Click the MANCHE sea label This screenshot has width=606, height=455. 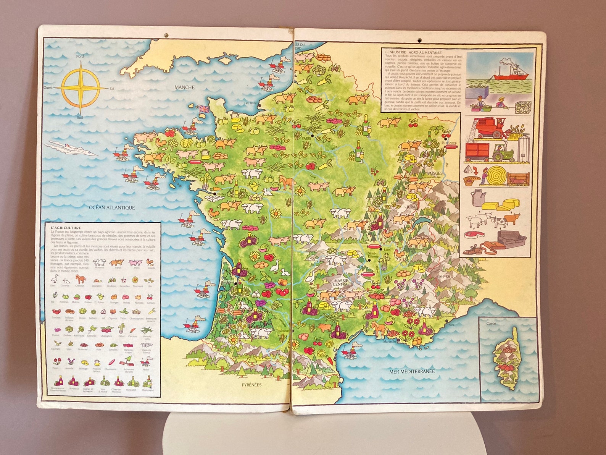[x=185, y=87]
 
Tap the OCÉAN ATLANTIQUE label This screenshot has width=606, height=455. [x=112, y=207]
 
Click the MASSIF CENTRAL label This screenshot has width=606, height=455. [x=341, y=282]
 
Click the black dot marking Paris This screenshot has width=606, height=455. [x=312, y=136]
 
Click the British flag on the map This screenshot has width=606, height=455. [x=203, y=109]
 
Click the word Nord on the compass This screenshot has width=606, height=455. [x=80, y=56]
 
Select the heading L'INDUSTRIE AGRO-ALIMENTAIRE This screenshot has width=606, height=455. [x=413, y=52]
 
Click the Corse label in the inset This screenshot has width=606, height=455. [x=491, y=323]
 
